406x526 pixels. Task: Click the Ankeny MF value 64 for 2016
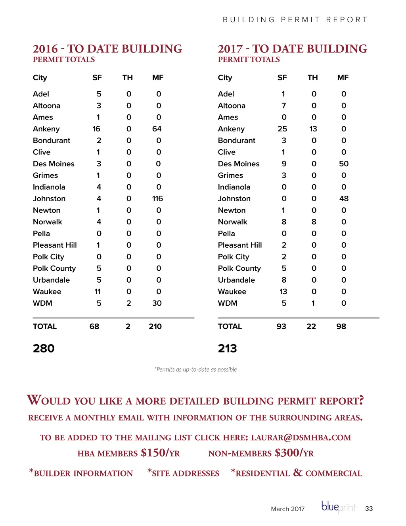(x=157, y=129)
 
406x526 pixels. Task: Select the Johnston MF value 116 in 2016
(x=157, y=198)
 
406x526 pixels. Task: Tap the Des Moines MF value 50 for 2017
(x=344, y=164)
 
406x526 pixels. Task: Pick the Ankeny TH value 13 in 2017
(x=313, y=129)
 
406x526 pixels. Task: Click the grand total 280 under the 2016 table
(x=44, y=349)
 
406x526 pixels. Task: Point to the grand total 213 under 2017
(x=227, y=349)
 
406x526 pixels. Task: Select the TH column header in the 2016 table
(x=127, y=78)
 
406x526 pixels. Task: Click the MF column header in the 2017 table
(x=343, y=78)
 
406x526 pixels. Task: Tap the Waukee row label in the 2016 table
(x=47, y=292)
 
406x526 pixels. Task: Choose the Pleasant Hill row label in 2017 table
(x=240, y=245)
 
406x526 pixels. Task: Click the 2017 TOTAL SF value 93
(x=282, y=327)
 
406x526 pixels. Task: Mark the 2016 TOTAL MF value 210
(x=155, y=327)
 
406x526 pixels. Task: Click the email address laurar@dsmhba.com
(x=301, y=438)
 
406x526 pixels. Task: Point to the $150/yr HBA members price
(x=160, y=453)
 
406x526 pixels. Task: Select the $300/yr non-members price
(x=294, y=453)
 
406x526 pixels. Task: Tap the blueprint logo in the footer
(x=338, y=507)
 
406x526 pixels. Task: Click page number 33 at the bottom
(x=369, y=509)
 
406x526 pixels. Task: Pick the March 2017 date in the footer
(x=288, y=509)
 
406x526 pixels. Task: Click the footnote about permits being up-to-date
(x=195, y=370)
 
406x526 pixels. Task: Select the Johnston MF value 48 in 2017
(x=344, y=198)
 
